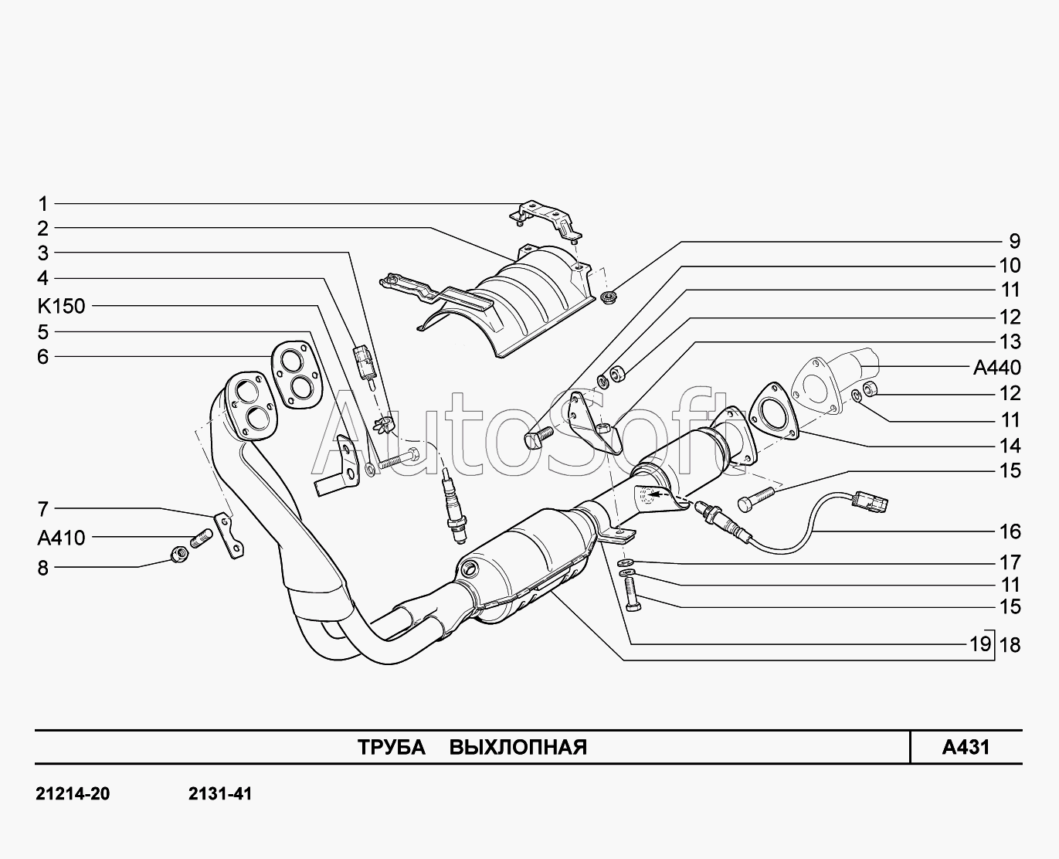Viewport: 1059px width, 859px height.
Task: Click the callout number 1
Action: tap(42, 204)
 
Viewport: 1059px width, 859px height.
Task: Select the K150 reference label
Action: tap(61, 306)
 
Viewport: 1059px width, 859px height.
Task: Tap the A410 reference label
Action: tap(61, 538)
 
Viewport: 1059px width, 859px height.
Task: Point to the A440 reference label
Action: tap(997, 368)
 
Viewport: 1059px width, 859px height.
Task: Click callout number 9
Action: tap(1015, 241)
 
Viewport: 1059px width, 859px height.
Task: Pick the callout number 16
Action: tap(1010, 531)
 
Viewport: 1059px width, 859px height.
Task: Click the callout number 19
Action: tap(980, 644)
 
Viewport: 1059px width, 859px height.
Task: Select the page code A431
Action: tap(966, 747)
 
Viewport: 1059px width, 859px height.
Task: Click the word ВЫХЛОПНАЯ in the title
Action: tap(518, 747)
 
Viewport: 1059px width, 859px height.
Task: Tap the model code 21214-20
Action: tap(73, 794)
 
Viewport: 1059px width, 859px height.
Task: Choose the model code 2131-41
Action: tap(219, 794)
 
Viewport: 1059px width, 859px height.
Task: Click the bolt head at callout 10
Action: tap(532, 440)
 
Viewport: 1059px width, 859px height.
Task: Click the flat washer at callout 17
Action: tap(624, 562)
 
